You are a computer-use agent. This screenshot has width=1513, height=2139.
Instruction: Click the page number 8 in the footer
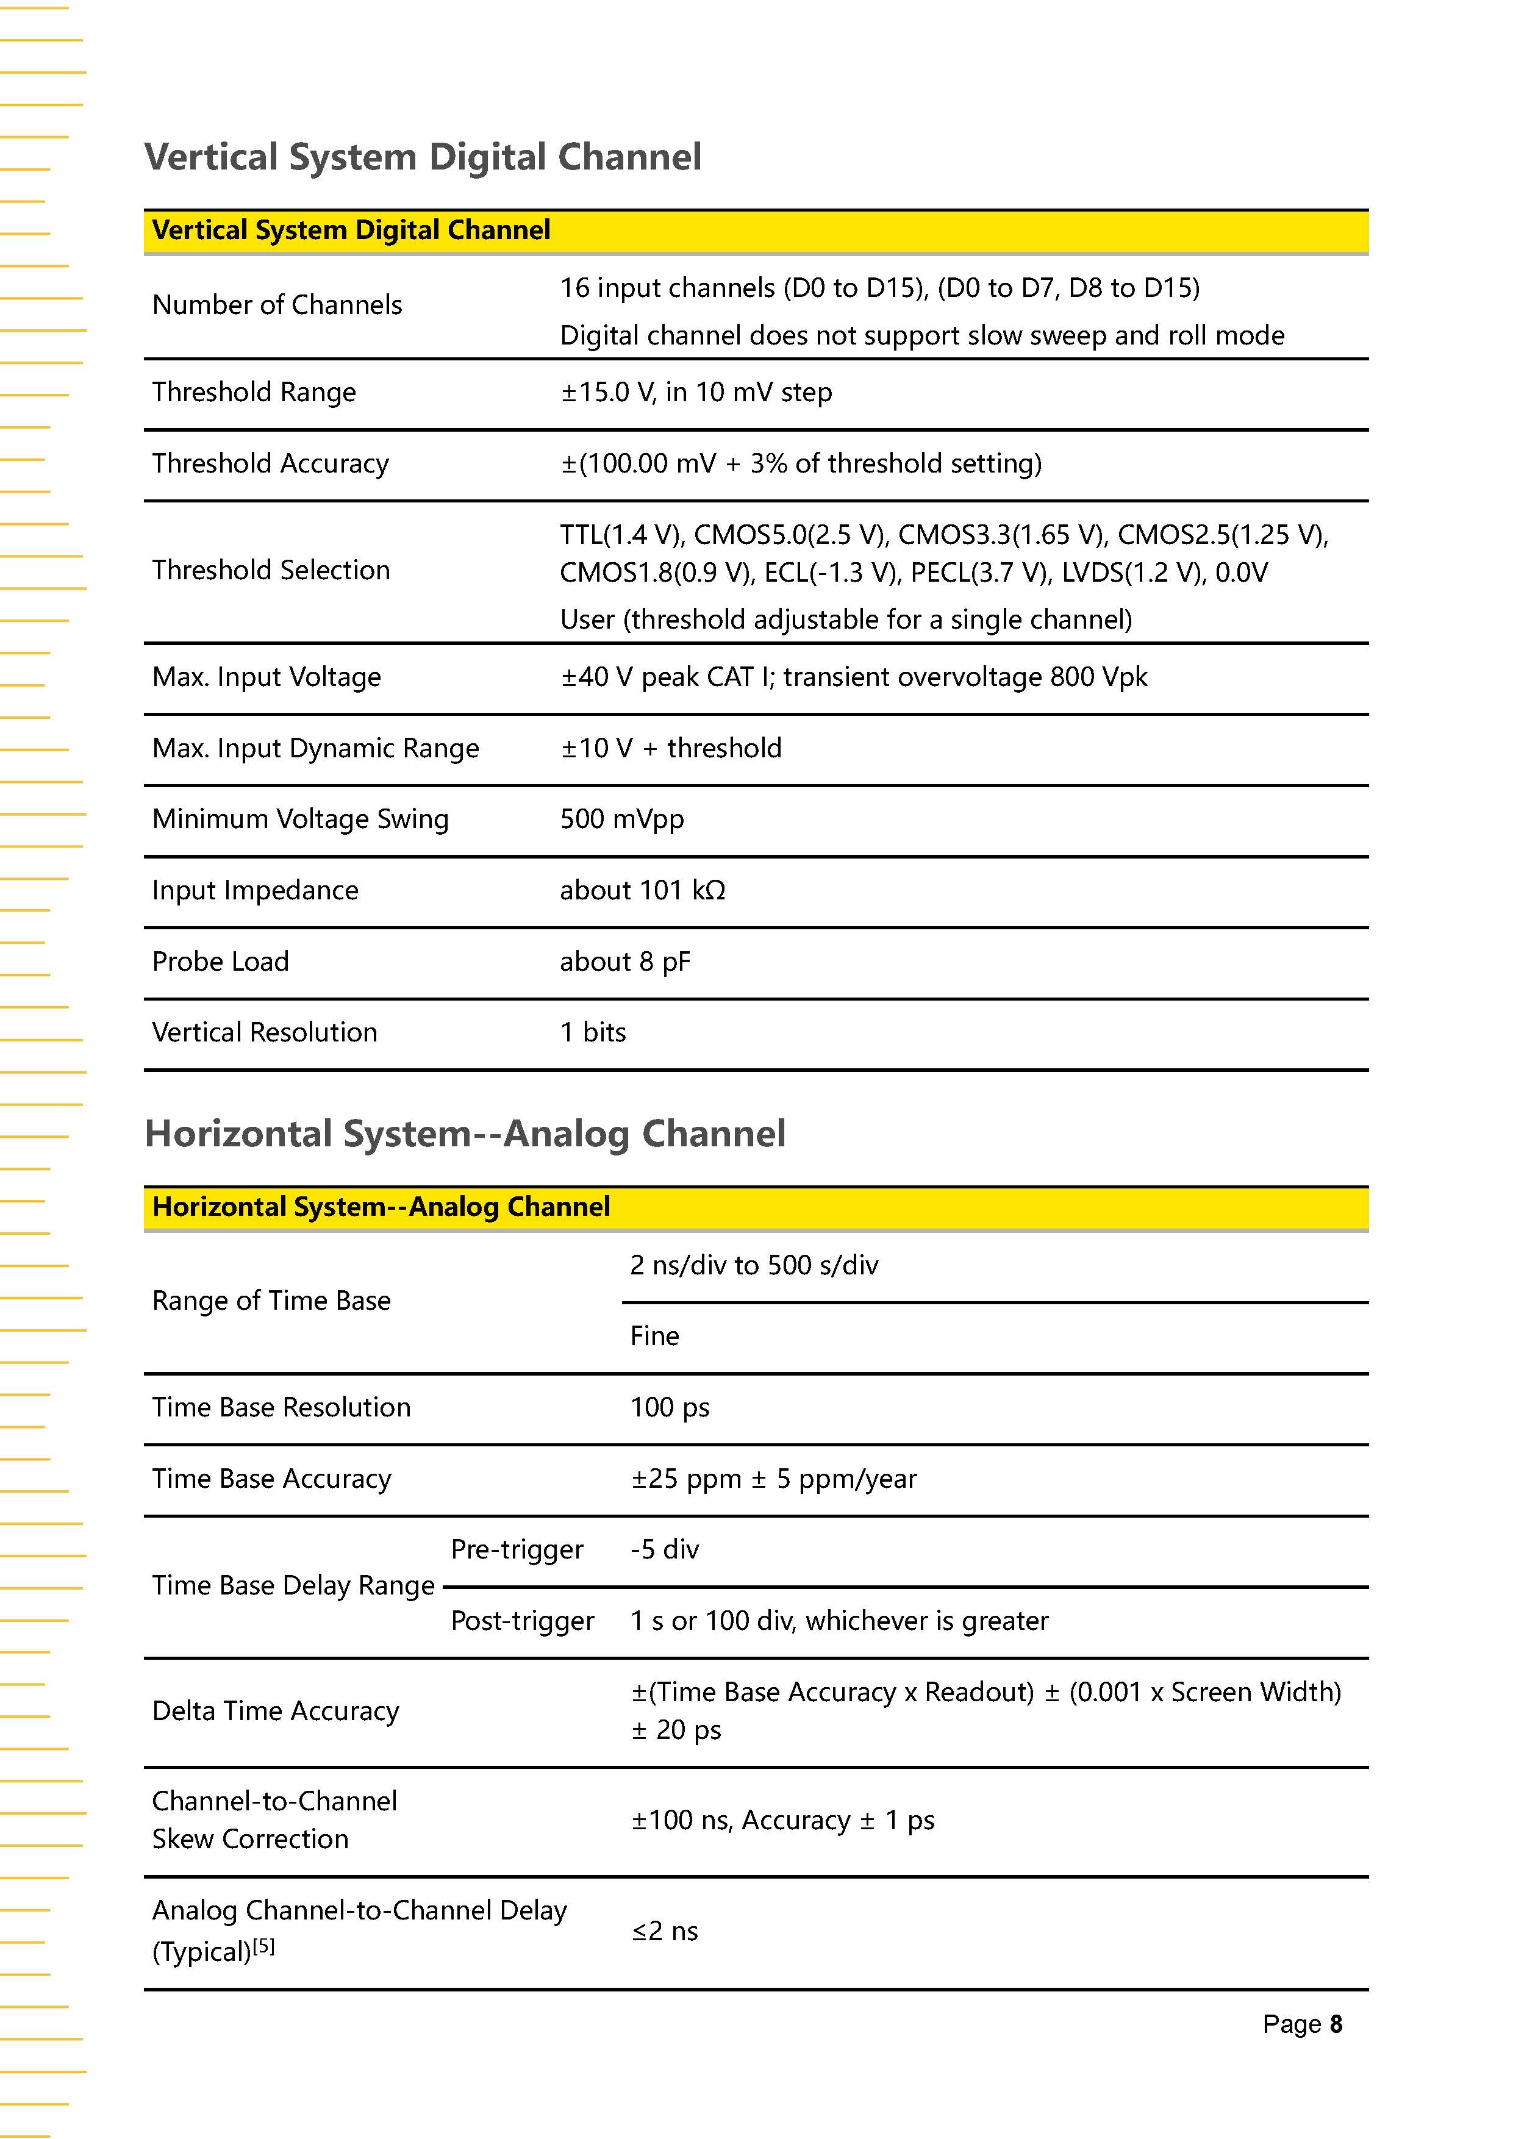pos(1336,2024)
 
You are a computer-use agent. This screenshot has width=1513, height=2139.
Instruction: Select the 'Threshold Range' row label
pos(254,392)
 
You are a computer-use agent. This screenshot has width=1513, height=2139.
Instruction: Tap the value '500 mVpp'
pos(621,819)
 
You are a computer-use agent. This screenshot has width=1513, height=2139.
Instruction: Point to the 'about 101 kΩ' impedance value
pos(642,891)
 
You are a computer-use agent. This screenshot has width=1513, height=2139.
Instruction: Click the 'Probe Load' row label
pos(220,962)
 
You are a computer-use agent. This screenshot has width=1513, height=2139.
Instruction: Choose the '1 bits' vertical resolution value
pos(593,1032)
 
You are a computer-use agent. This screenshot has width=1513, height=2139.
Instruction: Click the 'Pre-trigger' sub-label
pos(516,1549)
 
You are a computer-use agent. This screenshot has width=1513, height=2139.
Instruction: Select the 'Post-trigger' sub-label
pos(522,1621)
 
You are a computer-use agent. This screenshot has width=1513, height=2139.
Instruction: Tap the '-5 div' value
pos(664,1549)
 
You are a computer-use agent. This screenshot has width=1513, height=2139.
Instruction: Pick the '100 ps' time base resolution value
pos(669,1408)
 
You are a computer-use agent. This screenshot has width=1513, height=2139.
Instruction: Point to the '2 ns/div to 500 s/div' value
pos(754,1265)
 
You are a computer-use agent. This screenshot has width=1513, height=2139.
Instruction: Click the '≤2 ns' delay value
pos(664,1931)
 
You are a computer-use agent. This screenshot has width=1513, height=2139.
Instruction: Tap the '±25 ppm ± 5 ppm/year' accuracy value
pos(773,1479)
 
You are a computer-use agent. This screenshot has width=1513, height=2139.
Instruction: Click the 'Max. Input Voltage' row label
pos(266,677)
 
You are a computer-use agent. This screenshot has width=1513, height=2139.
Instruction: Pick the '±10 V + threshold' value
pos(671,748)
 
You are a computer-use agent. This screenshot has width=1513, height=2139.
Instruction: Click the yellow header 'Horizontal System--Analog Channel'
pos(381,1207)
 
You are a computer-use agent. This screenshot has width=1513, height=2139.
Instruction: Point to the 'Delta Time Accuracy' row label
pos(275,1712)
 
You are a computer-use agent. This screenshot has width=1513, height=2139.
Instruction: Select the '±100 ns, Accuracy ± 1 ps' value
pos(782,1820)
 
